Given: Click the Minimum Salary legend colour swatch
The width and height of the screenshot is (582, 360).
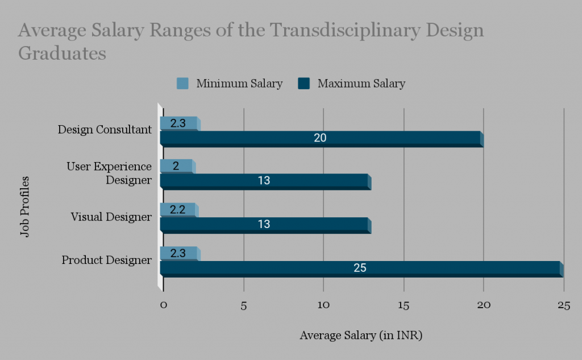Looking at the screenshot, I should coord(182,84).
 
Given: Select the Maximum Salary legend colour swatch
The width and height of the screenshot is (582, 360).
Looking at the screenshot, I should coord(304,84).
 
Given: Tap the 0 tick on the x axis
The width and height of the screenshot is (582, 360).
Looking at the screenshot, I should coord(164,305).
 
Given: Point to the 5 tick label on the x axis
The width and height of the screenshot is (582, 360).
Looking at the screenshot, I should coord(244,305).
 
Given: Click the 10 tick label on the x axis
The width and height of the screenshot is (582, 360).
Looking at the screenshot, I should coord(323,305).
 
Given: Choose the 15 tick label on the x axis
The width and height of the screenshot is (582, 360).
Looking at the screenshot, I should coord(404,305).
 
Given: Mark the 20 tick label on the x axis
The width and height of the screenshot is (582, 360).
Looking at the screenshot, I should coord(484,305).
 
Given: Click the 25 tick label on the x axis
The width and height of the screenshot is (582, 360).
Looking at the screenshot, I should coord(563,305).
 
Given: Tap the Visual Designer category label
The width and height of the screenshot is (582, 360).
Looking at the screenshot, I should coord(111,217).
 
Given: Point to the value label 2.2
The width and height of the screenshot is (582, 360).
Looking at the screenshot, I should coord(178,210).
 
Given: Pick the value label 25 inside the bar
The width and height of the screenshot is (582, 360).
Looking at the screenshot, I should coord(360,268).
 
